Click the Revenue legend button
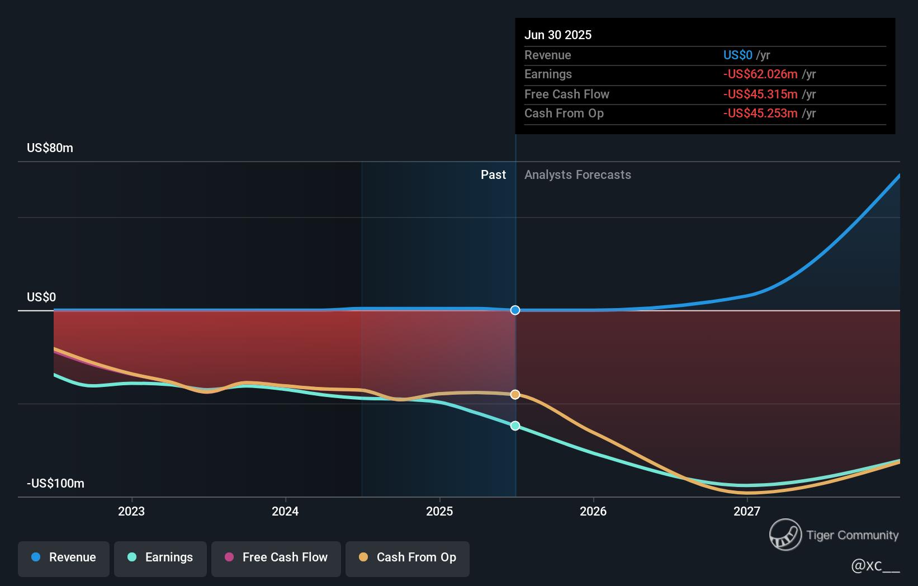64,557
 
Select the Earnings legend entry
160,557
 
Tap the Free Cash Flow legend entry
276,557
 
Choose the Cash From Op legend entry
408,557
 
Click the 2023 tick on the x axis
131,511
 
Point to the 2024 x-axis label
285,511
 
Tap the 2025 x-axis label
439,511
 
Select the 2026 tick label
593,511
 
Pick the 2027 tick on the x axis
747,511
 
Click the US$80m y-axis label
50,148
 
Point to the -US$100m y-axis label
55,484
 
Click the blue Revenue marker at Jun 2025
515,310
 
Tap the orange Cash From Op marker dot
515,395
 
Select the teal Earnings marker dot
515,426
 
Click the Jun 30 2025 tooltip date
557,35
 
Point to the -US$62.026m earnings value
760,74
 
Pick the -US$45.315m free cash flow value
760,94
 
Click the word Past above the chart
493,175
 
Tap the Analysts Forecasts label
578,175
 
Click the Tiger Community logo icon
785,535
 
